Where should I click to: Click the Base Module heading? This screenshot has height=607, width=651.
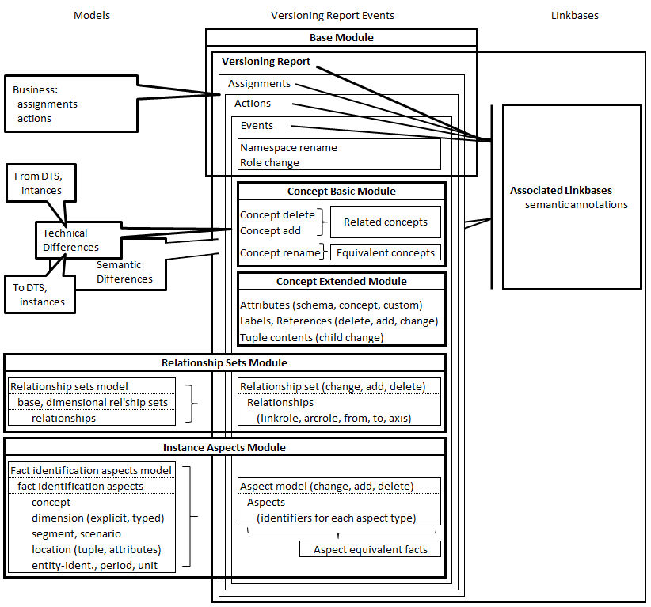click(x=341, y=38)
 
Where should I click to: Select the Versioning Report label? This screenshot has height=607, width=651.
click(x=266, y=62)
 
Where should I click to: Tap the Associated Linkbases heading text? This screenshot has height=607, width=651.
click(x=561, y=191)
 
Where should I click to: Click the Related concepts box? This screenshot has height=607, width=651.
click(x=386, y=222)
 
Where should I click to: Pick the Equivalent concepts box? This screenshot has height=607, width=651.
click(x=386, y=253)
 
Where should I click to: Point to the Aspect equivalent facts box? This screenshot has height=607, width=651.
click(x=370, y=549)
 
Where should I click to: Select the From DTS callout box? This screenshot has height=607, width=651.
click(x=37, y=183)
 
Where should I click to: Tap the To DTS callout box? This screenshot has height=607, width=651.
click(x=42, y=294)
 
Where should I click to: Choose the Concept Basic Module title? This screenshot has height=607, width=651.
click(x=341, y=192)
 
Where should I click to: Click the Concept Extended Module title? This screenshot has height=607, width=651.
click(x=341, y=282)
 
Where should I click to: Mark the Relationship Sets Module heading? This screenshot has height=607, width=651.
click(x=224, y=363)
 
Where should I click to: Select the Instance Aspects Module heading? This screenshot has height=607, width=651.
click(x=224, y=448)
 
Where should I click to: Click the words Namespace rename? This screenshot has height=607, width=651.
click(x=288, y=148)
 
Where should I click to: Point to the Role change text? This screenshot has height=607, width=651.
click(x=269, y=163)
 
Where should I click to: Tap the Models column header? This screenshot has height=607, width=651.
click(x=92, y=16)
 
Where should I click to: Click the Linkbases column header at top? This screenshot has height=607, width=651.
click(x=575, y=16)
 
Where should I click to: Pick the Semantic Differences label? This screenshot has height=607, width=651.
click(x=124, y=272)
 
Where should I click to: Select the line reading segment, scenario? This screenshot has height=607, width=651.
click(x=76, y=534)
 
